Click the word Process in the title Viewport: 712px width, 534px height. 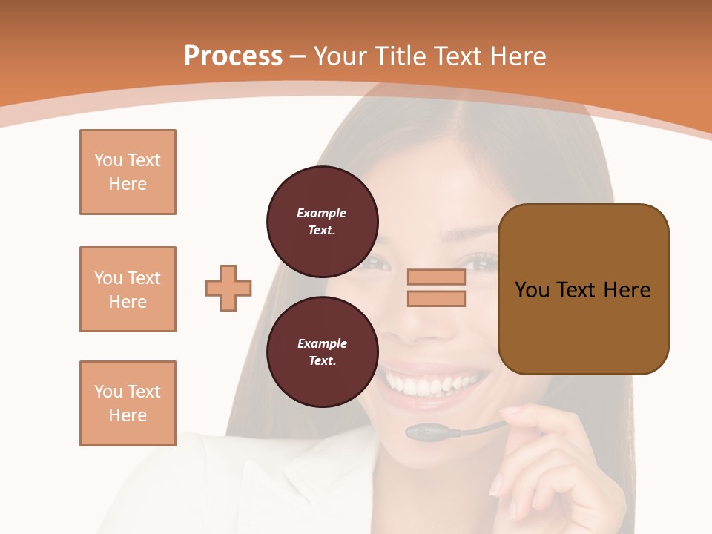tap(233, 56)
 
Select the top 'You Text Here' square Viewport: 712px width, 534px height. tap(128, 172)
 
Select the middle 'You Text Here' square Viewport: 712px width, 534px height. tap(128, 289)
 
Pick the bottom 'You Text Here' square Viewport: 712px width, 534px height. tap(128, 403)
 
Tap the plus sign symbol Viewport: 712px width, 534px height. tap(228, 288)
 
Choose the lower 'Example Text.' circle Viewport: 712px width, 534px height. tap(322, 352)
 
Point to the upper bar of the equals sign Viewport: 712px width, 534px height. tap(436, 277)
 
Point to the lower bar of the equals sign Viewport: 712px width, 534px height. tap(436, 298)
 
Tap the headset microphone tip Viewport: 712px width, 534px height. tap(420, 432)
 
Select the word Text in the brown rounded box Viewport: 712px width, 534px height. tap(576, 289)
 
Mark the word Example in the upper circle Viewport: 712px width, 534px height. tap(322, 213)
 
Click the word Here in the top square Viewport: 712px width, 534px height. tap(128, 184)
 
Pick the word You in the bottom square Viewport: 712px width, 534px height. tap(108, 392)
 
